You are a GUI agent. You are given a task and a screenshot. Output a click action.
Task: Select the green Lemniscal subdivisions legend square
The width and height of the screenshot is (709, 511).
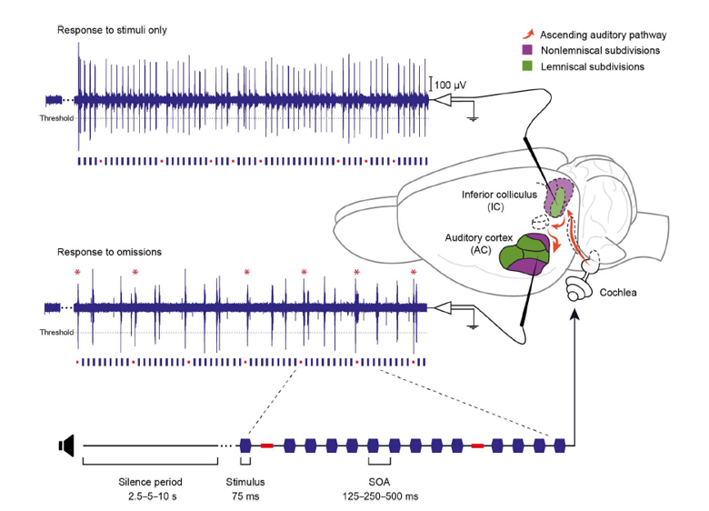527,67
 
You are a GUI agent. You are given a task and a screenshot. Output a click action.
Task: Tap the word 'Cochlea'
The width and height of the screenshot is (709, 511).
618,293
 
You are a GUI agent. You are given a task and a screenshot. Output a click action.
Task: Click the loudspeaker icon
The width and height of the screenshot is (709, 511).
65,445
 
